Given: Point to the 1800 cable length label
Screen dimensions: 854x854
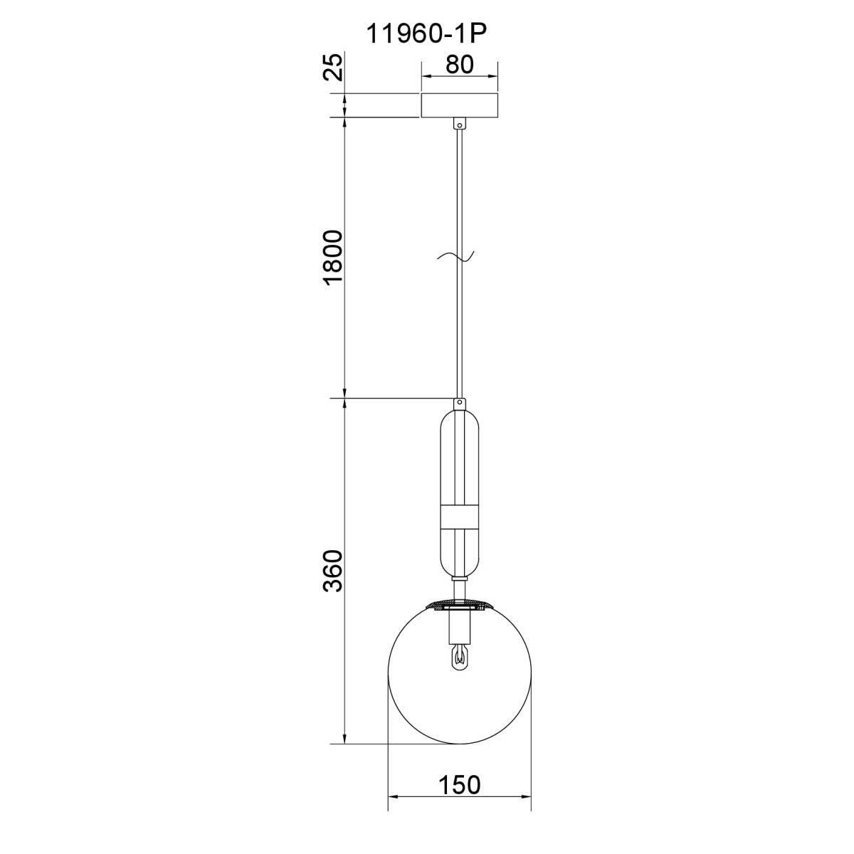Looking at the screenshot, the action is click(334, 258).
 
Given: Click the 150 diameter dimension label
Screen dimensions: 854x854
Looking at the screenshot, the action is click(460, 784).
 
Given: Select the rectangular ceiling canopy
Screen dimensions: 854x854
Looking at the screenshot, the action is click(459, 105).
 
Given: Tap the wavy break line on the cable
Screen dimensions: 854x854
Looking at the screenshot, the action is click(455, 256).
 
